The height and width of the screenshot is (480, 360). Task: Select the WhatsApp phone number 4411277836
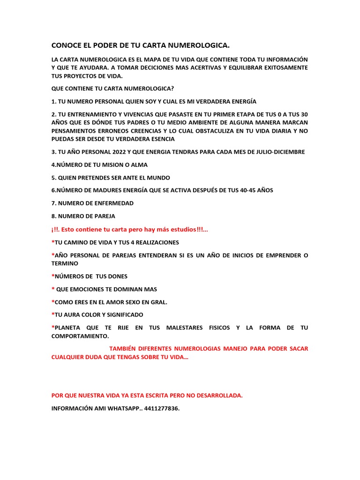pyautogui.click(x=162, y=408)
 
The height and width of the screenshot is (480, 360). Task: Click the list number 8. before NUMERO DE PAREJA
pyautogui.click(x=54, y=216)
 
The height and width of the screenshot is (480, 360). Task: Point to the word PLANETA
pyautogui.click(x=70, y=328)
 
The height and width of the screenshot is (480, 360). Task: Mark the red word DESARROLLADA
pyautogui.click(x=217, y=395)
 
